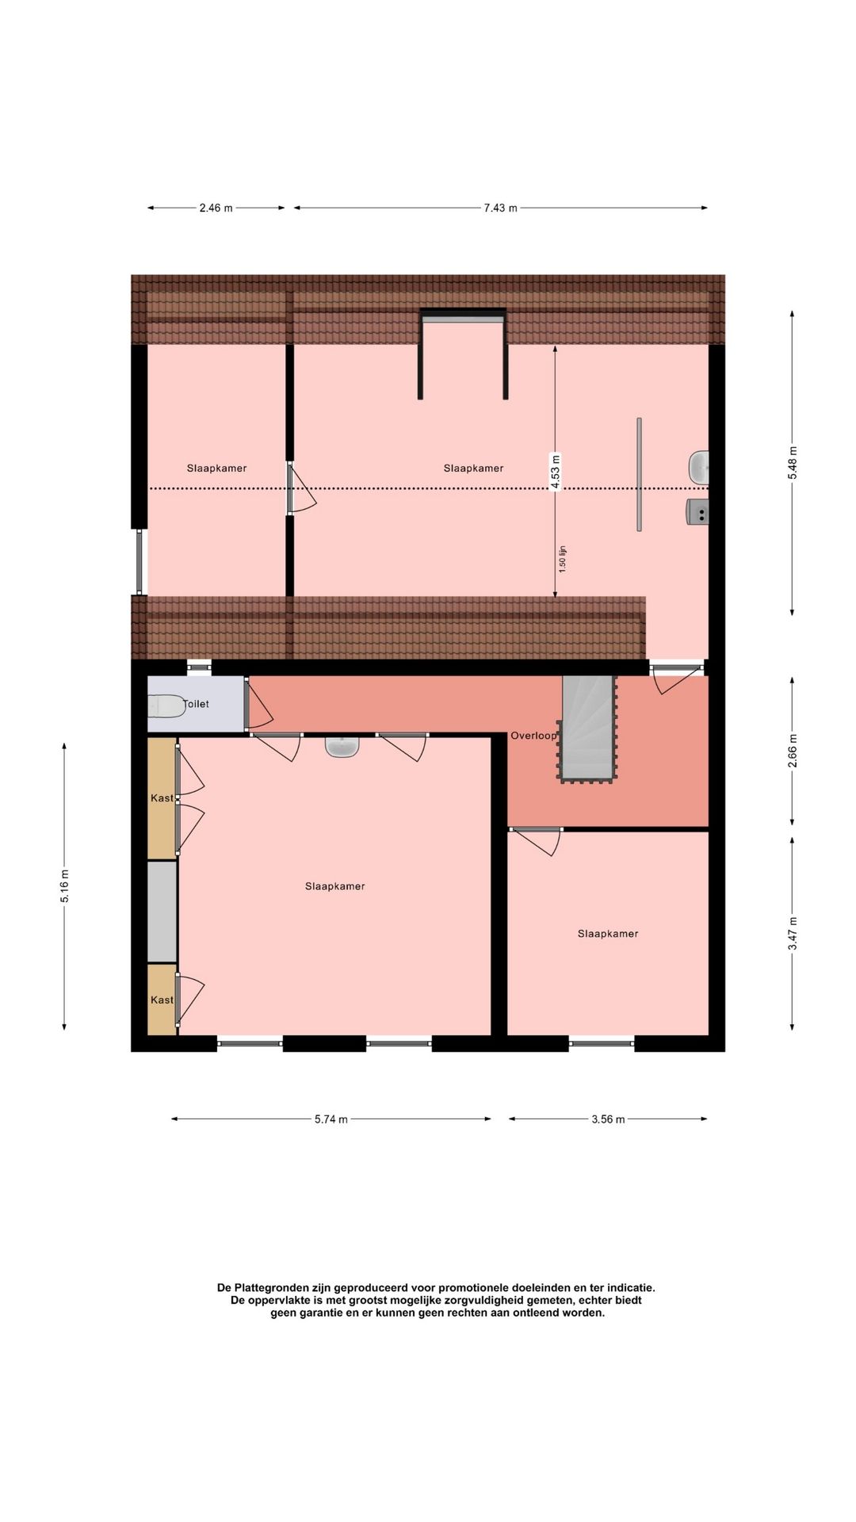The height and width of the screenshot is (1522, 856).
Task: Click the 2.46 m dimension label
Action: tap(216, 208)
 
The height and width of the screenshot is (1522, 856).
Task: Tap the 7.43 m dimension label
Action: tap(500, 208)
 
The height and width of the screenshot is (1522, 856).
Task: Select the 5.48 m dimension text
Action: tap(792, 462)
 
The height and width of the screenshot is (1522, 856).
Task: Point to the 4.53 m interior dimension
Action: tap(555, 472)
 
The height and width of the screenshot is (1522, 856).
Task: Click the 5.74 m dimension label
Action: tap(331, 1119)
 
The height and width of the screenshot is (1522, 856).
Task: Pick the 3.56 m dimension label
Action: tap(608, 1119)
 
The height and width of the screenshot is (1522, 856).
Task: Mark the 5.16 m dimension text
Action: tap(64, 886)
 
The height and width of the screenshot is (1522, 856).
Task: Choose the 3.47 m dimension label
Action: tap(792, 934)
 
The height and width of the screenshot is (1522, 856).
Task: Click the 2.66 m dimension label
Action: tap(792, 750)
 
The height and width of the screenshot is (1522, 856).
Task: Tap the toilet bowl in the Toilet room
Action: tap(166, 705)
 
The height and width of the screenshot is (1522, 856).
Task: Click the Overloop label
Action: tap(533, 736)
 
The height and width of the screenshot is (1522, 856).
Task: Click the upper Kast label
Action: tap(162, 798)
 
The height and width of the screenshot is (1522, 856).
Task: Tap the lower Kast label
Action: tap(162, 1000)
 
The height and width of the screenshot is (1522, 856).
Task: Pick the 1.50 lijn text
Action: tap(562, 560)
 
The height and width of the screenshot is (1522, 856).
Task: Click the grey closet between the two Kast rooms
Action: tap(162, 912)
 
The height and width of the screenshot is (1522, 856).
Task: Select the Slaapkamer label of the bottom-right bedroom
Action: tap(608, 934)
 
